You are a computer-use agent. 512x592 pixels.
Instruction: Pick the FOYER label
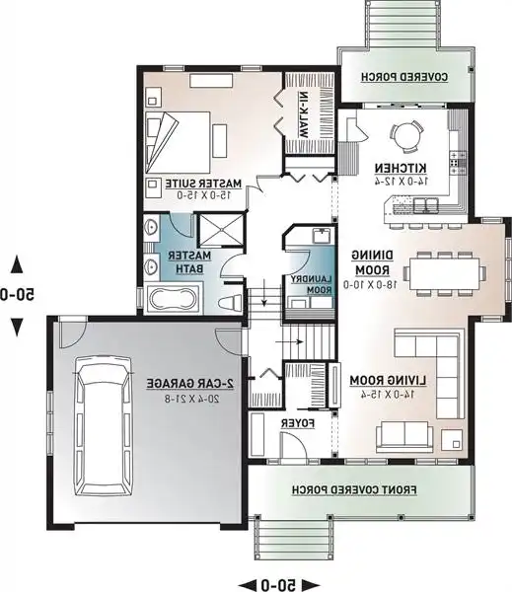tap(297, 423)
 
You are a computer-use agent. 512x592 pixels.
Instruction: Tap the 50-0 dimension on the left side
tap(18, 294)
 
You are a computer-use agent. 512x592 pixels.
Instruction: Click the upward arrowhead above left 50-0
tap(18, 263)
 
